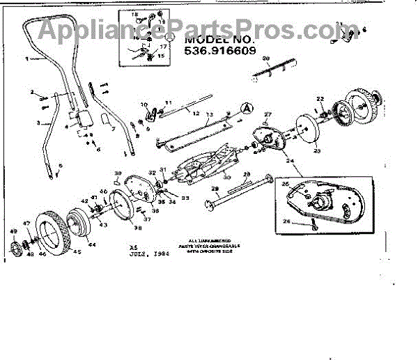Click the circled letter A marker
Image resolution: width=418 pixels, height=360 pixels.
[245, 107]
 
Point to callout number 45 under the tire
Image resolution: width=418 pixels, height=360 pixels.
[77, 252]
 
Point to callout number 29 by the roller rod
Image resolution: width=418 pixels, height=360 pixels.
[214, 189]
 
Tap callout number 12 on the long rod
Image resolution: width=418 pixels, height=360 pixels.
[196, 113]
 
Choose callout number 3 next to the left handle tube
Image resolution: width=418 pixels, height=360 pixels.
[39, 123]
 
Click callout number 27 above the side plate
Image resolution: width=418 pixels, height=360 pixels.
[268, 114]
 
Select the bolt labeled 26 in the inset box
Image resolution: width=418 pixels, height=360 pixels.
[316, 226]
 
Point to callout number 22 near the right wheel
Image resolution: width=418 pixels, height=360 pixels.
[320, 99]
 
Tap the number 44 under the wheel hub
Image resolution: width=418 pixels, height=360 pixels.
[92, 245]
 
